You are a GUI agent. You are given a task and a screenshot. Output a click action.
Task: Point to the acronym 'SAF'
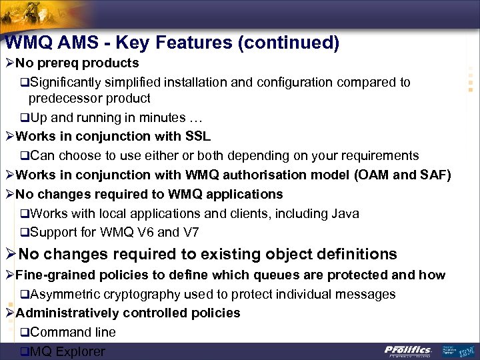point(433,175)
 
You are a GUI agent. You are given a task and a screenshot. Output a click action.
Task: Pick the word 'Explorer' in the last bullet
point(81,351)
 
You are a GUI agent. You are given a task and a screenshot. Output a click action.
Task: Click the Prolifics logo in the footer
point(408,350)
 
